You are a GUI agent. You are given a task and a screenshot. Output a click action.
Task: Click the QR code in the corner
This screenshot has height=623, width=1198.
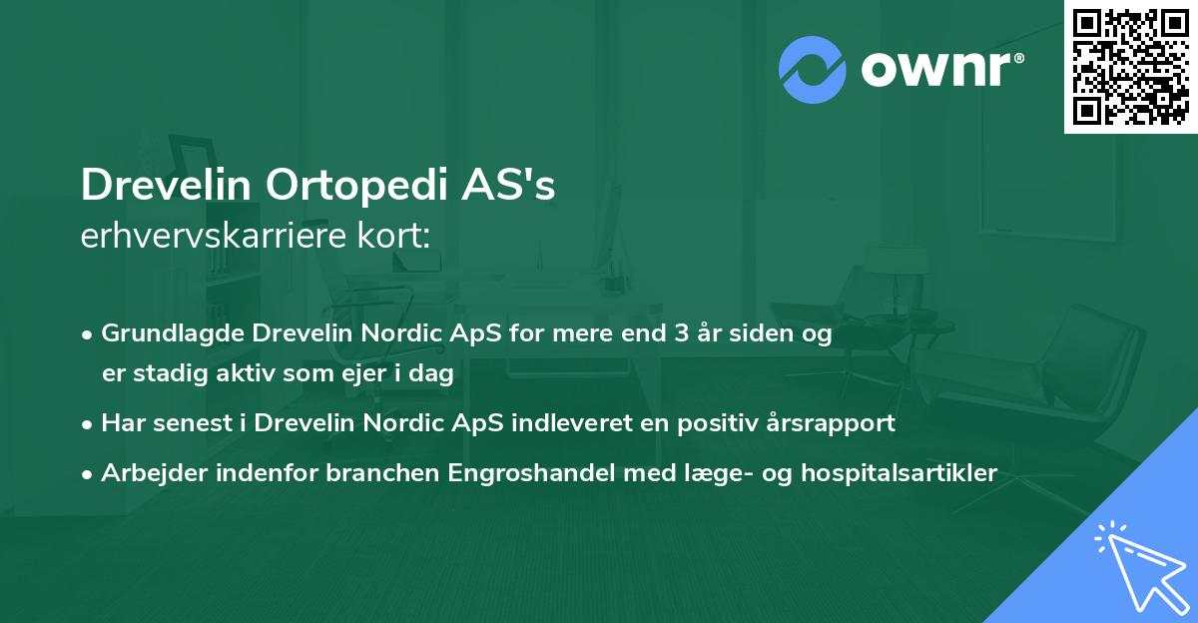(x=1129, y=66)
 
